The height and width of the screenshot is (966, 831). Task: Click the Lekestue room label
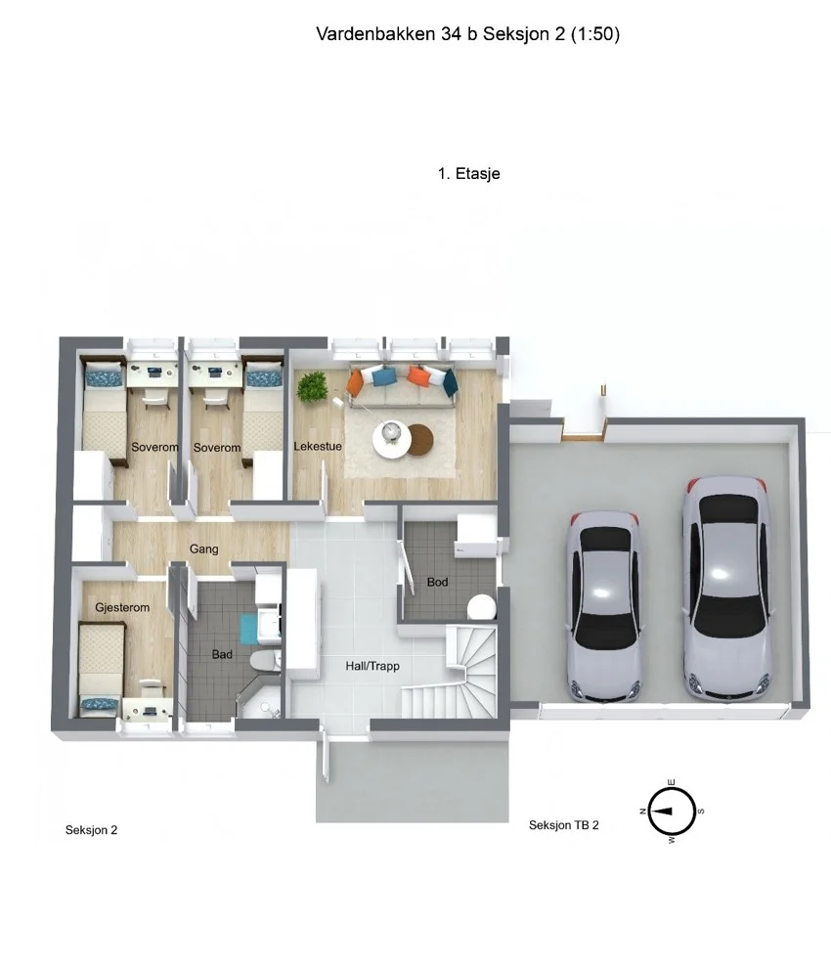[317, 446]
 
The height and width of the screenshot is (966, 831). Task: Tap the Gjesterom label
[122, 607]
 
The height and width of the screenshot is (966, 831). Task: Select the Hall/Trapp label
[372, 666]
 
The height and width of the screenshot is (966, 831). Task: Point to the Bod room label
[437, 582]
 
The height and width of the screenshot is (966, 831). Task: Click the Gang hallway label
[204, 549]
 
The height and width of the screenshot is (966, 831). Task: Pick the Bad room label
[222, 654]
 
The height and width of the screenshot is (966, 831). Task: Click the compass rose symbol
[672, 812]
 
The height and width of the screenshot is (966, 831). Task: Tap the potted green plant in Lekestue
[312, 387]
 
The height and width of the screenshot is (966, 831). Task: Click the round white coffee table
[391, 439]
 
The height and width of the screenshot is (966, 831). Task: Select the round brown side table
[421, 439]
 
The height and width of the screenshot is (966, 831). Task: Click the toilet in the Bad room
[265, 660]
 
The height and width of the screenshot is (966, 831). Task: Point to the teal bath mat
[248, 629]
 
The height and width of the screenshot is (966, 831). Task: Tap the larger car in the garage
[727, 589]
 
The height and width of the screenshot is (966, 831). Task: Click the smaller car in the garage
[606, 607]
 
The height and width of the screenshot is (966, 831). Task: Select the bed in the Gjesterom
[100, 669]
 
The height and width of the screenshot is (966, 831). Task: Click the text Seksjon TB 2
[564, 825]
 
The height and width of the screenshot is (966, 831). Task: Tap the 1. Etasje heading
[469, 174]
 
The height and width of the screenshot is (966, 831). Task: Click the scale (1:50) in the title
[595, 34]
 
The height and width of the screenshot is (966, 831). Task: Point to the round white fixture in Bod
[481, 607]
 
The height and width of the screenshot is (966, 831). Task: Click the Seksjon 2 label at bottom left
[91, 830]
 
